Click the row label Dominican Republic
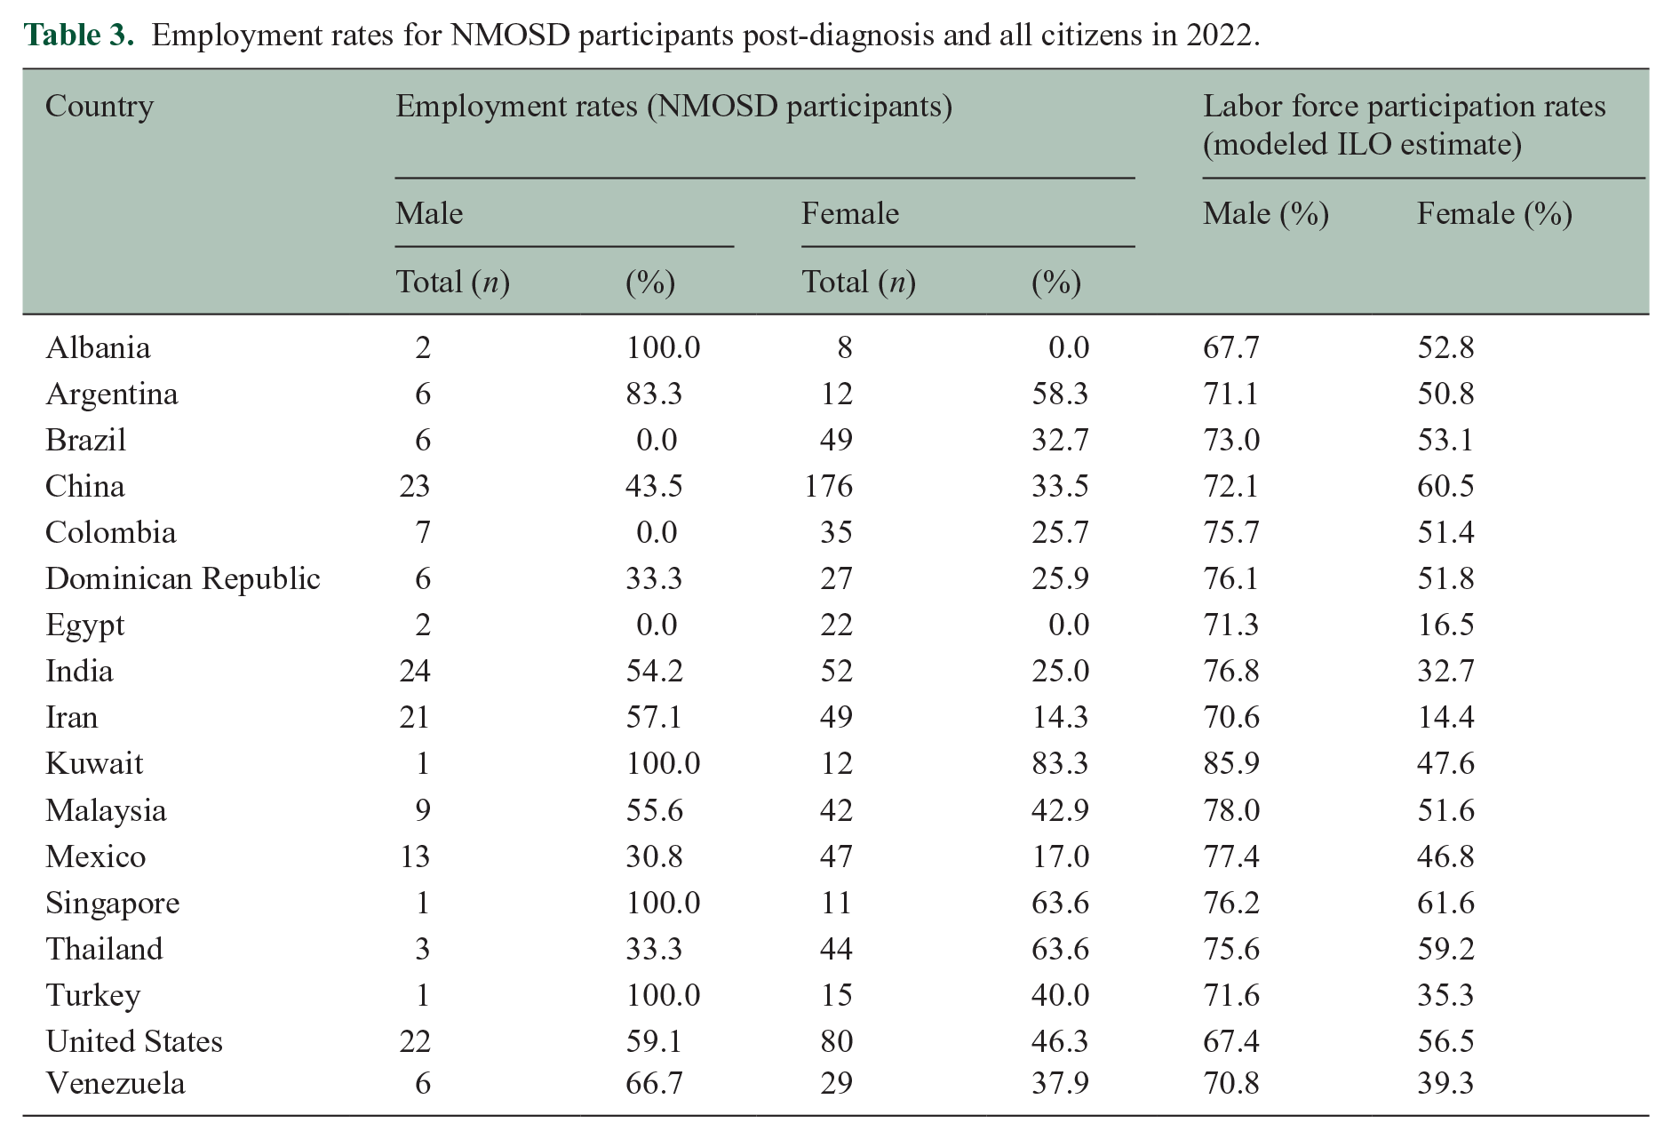tap(183, 578)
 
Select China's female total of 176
tap(829, 486)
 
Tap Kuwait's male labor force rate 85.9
tap(1231, 763)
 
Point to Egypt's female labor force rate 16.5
tap(1445, 625)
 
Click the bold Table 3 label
tap(79, 35)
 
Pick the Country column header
tap(100, 107)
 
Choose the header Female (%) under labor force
tap(1494, 214)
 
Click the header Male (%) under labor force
tap(1266, 214)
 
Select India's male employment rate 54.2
tap(655, 671)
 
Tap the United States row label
tap(134, 1041)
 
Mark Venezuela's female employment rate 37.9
tap(1060, 1083)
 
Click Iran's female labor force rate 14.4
tap(1445, 717)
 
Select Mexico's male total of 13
tap(415, 856)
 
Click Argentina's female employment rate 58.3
tap(1060, 394)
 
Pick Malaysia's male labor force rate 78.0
tap(1231, 810)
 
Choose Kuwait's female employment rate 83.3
tap(1060, 763)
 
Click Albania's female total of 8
tap(844, 347)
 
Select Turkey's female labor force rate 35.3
tap(1445, 995)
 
